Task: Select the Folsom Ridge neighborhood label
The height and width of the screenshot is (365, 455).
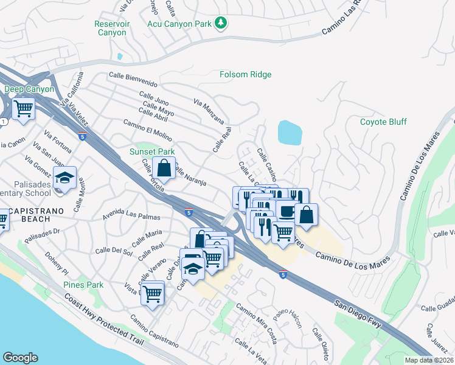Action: click(x=245, y=75)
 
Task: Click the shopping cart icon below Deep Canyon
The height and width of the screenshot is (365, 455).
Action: click(x=23, y=109)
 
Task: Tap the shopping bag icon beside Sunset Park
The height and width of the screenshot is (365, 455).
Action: click(x=164, y=167)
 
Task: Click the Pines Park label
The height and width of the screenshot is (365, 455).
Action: click(x=83, y=285)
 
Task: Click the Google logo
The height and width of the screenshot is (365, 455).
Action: click(x=19, y=358)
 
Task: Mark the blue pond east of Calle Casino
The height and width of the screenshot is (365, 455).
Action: click(x=290, y=132)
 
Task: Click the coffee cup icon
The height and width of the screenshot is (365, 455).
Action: click(x=286, y=209)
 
